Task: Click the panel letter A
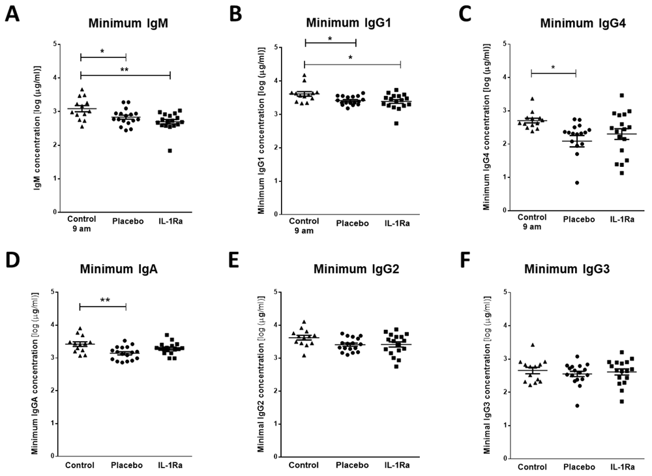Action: (x=13, y=14)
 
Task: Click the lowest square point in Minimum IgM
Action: (x=170, y=151)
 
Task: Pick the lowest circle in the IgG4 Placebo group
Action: (x=559, y=183)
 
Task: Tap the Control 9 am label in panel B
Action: (x=304, y=225)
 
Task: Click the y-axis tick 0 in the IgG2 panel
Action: (x=277, y=456)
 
